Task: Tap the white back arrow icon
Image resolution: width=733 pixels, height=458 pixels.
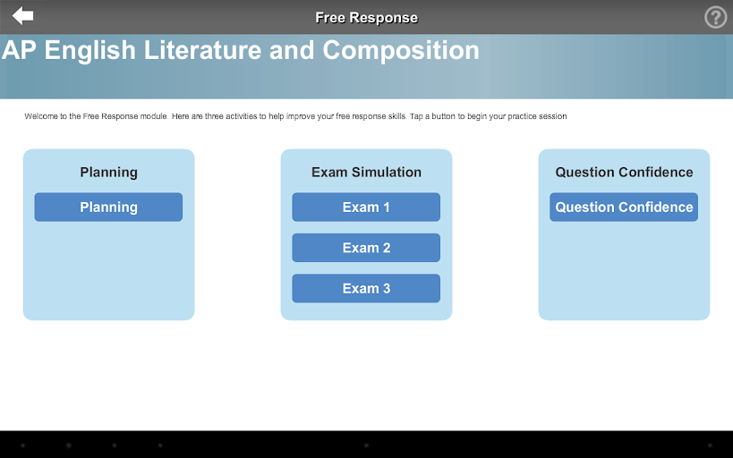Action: point(22,16)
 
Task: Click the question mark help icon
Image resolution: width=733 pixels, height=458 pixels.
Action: point(715,17)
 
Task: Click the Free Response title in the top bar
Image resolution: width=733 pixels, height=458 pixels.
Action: point(367,18)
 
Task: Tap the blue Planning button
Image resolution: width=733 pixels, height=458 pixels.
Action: point(108,207)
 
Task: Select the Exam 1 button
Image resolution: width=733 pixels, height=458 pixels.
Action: point(366,207)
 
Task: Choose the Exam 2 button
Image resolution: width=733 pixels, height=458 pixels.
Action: point(366,248)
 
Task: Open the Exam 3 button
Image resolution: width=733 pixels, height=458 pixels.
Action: point(366,288)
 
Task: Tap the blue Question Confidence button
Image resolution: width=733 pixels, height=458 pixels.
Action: point(624,207)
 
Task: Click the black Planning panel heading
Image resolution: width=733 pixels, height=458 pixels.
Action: point(108,173)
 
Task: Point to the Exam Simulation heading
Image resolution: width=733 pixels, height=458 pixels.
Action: point(366,172)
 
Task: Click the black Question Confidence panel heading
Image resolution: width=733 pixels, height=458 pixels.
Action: point(624,172)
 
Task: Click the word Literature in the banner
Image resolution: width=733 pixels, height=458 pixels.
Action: point(202,50)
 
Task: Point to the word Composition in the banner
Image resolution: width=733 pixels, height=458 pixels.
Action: point(401,51)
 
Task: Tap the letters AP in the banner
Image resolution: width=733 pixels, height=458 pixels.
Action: point(19,50)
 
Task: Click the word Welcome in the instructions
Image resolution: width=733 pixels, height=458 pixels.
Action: point(40,116)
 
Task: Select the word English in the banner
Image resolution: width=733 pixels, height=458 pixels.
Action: point(90,51)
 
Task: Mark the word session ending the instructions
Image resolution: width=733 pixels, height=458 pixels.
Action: point(552,116)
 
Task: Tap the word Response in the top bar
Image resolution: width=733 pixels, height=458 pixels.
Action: point(384,18)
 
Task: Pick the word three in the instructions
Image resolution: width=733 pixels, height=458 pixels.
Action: point(213,116)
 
